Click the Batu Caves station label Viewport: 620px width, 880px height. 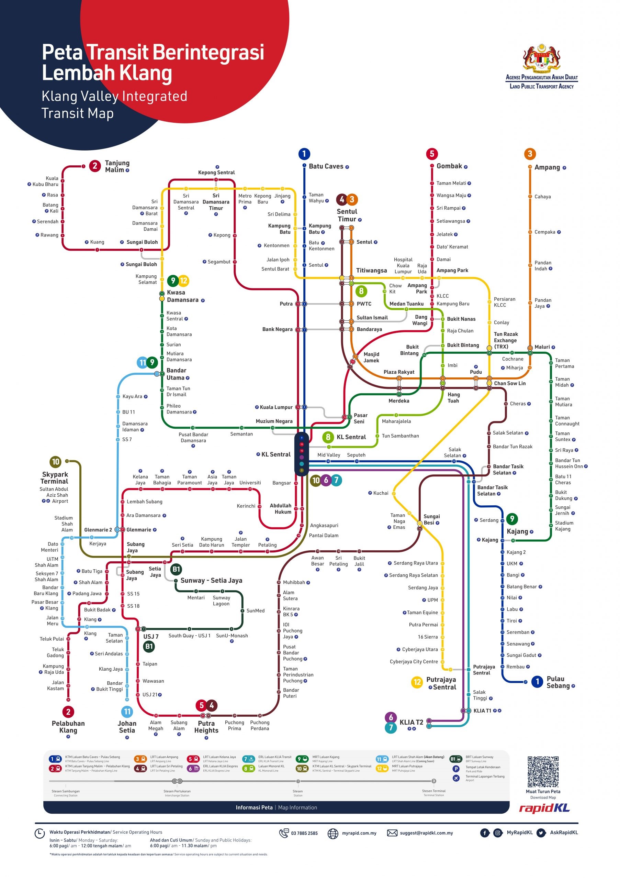pos(326,166)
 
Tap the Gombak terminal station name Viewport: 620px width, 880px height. pos(449,166)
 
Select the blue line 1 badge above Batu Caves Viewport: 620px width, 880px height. pos(304,154)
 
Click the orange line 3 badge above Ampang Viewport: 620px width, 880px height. pos(530,154)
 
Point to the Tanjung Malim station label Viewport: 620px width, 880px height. pos(117,166)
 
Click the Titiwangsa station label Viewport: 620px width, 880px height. pos(371,271)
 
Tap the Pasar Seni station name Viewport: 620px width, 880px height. pos(360,418)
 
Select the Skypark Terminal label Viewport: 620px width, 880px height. pos(54,478)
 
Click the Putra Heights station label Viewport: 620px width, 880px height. pos(206,727)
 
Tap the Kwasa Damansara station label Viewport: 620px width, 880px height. pos(182,296)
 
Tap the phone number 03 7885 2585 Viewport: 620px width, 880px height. pos(304,833)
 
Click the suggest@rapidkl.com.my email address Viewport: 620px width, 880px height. pos(426,833)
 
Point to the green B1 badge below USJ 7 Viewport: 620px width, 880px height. pos(149,647)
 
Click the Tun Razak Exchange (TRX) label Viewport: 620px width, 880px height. pos(506,340)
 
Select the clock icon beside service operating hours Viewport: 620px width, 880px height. pos(40,834)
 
